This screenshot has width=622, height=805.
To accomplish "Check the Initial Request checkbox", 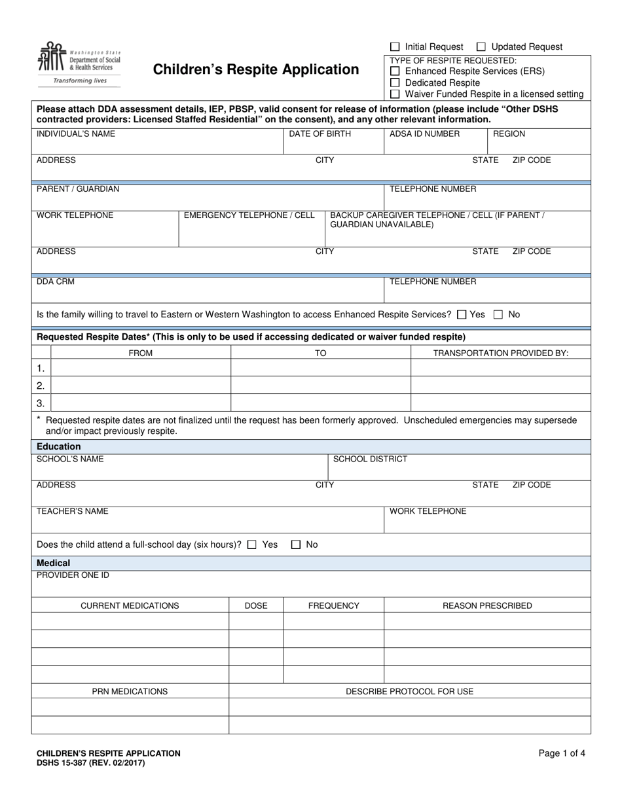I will pyautogui.click(x=395, y=47).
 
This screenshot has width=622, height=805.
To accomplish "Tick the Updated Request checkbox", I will pyautogui.click(x=481, y=47).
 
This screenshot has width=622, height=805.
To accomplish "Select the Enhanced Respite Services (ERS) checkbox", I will pyautogui.click(x=395, y=71).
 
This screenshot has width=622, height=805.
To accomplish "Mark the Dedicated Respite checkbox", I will pyautogui.click(x=395, y=83).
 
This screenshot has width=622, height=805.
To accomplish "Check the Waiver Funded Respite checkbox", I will pyautogui.click(x=395, y=94).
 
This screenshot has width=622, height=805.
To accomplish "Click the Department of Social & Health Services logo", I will pyautogui.click(x=79, y=63).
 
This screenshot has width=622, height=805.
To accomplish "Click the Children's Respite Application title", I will pyautogui.click(x=256, y=69).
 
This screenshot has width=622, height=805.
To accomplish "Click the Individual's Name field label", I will pyautogui.click(x=76, y=134).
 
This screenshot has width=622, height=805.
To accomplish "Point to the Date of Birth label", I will pyautogui.click(x=320, y=134).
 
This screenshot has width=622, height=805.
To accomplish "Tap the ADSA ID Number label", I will pyautogui.click(x=425, y=134).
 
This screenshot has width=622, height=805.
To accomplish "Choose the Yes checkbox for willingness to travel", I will pyautogui.click(x=462, y=315).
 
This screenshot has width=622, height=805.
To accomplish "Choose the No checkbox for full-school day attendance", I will pyautogui.click(x=296, y=545).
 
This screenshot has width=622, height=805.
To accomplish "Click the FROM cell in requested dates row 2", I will pyautogui.click(x=141, y=385).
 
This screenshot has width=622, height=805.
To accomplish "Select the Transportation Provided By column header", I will pyautogui.click(x=501, y=353).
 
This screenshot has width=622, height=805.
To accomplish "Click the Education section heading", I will pyautogui.click(x=59, y=446).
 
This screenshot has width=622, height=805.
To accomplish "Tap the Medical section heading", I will pyautogui.click(x=54, y=563).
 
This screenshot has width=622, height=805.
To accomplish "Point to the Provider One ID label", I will pyautogui.click(x=73, y=575).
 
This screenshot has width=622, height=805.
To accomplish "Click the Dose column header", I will pyautogui.click(x=256, y=606).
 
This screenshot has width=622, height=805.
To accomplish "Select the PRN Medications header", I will pyautogui.click(x=130, y=692).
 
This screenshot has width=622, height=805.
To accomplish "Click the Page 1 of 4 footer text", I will pyautogui.click(x=562, y=753).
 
